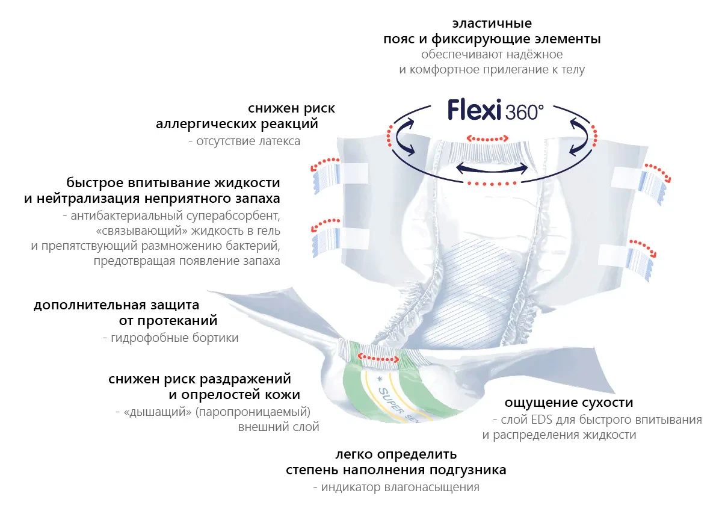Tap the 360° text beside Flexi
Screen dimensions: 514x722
pos(525,113)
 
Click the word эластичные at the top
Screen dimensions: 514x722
pos(492,24)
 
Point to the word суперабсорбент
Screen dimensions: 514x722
pos(239,215)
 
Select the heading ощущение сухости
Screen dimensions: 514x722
pos(569,403)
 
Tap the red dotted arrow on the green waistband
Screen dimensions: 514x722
pos(378,358)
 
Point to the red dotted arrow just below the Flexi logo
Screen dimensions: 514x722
pos(489,138)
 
